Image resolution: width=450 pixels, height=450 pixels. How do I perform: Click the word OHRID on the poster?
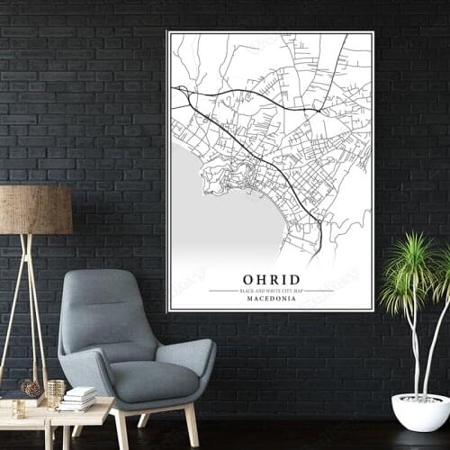[x=271, y=280]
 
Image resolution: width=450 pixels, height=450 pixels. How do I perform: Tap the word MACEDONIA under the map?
[x=271, y=299]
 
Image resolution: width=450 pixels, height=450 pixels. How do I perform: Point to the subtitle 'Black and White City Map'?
[x=271, y=291]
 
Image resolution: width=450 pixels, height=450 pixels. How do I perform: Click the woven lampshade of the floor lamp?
[x=36, y=210]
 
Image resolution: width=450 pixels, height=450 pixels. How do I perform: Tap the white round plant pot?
[x=420, y=411]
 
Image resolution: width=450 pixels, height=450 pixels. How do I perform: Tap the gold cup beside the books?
[x=56, y=390]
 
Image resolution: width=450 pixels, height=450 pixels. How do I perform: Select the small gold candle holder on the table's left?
[x=18, y=409]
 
